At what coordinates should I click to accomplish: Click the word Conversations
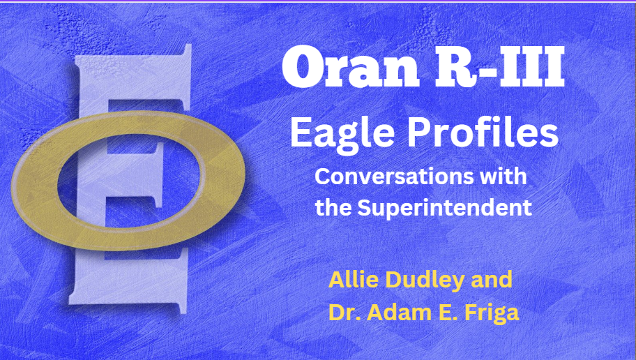[x=391, y=177]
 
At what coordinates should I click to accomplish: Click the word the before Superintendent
[x=332, y=207]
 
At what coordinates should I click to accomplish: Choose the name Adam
[x=391, y=313]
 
